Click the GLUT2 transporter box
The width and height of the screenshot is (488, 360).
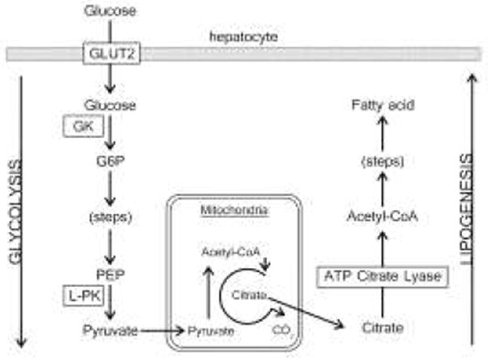tap(109, 54)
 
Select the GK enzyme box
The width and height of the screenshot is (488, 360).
tap(81, 127)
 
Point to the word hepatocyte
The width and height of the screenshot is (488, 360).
tap(235, 37)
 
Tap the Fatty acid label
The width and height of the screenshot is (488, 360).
tap(379, 105)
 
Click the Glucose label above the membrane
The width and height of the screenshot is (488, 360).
tap(109, 11)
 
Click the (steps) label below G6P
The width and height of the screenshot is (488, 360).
tap(109, 217)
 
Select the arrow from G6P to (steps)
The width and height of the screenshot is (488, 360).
tap(109, 189)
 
